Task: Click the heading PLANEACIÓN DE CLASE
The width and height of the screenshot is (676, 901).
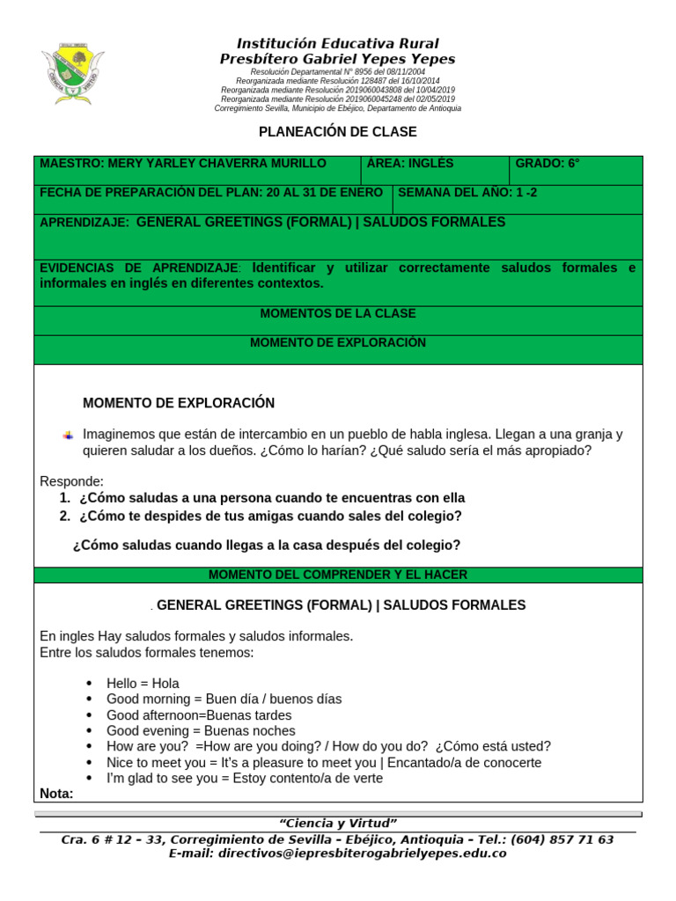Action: [337, 132]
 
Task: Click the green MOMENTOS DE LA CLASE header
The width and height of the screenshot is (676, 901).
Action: [338, 314]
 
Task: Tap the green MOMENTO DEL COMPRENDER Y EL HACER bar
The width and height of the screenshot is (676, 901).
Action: [338, 575]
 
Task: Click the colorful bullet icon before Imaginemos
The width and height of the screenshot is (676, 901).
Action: [69, 436]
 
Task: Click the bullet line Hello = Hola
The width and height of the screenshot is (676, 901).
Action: [143, 683]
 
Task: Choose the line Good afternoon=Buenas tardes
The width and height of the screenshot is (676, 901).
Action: [199, 715]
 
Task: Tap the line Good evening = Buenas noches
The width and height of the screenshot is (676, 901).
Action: [201, 731]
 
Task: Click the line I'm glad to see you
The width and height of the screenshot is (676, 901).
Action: [245, 779]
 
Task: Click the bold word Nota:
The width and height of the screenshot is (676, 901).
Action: [57, 794]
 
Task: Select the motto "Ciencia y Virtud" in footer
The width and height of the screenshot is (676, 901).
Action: [338, 823]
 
